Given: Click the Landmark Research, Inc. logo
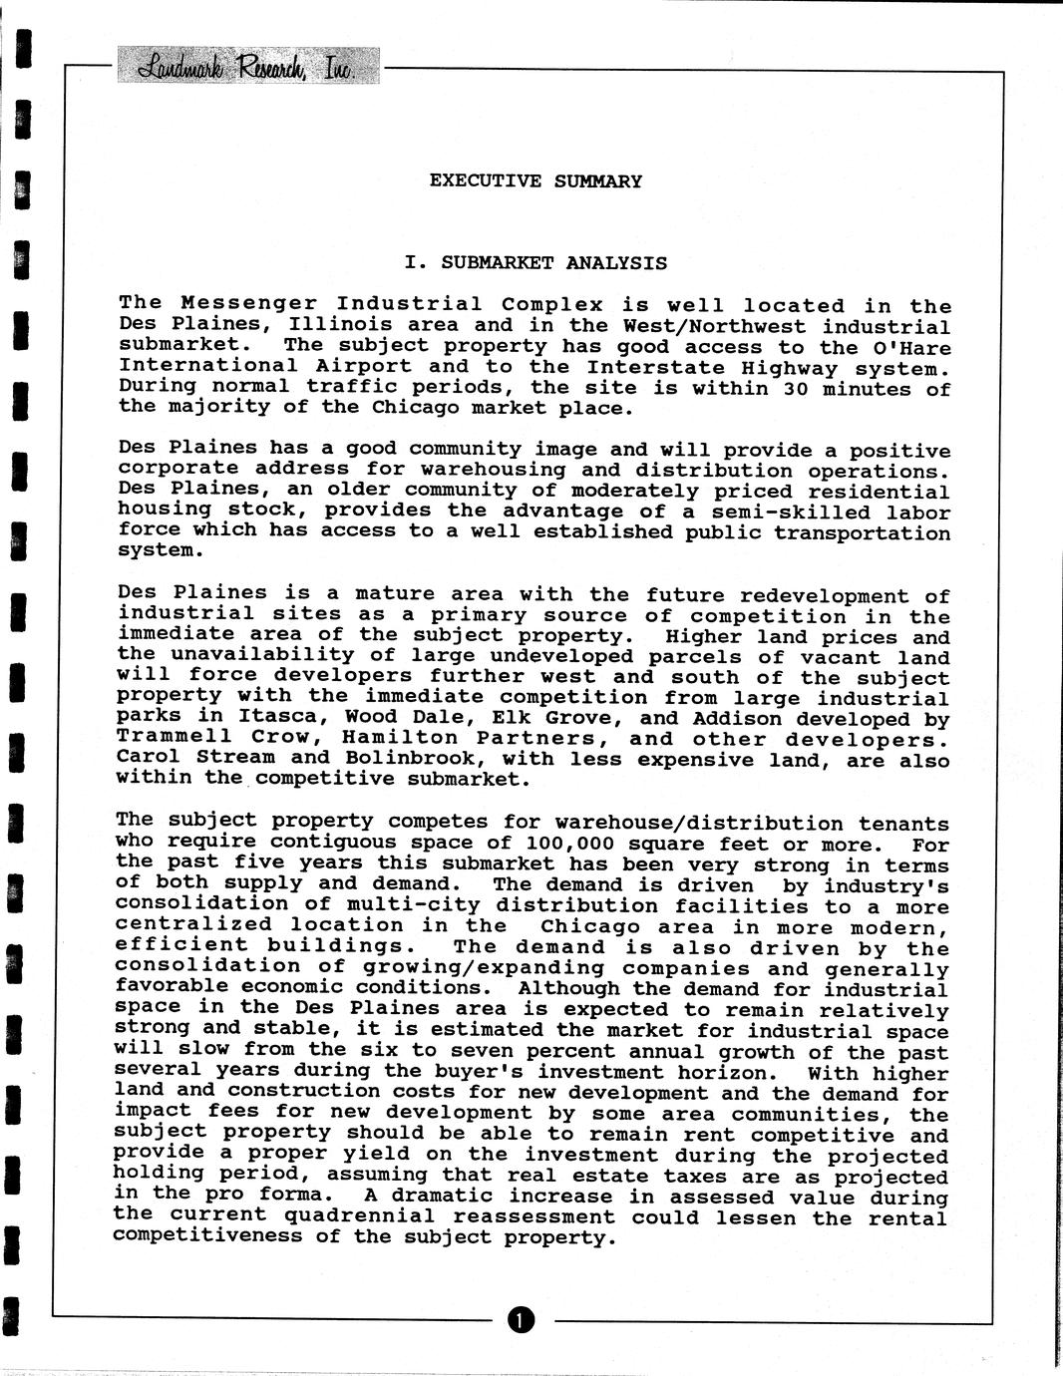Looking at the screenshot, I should pyautogui.click(x=247, y=67).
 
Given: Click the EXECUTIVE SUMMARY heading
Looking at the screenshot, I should pyautogui.click(x=535, y=181).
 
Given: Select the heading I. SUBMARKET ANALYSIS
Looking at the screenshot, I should pyautogui.click(x=535, y=263).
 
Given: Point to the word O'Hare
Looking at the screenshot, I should pyautogui.click(x=911, y=348).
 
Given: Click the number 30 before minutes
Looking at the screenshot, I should pyautogui.click(x=795, y=389).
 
